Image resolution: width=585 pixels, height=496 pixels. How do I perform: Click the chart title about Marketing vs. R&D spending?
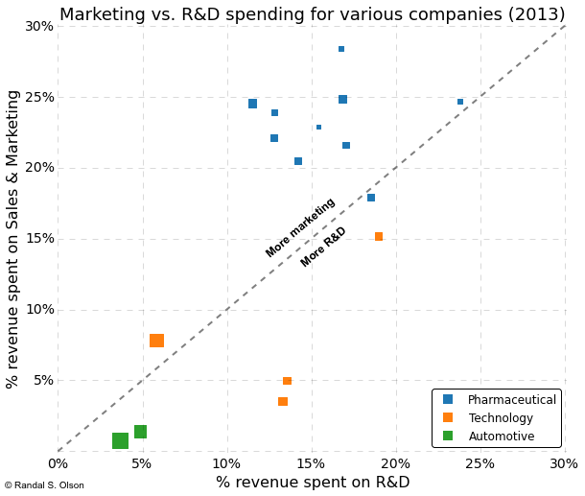(x=311, y=13)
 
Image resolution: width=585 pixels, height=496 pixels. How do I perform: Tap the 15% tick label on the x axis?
(x=312, y=464)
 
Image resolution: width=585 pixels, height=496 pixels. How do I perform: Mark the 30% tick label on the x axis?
(x=564, y=464)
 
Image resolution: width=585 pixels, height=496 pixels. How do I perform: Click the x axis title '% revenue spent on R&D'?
(x=312, y=483)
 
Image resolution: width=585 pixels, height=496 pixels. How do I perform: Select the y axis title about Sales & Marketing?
(x=13, y=239)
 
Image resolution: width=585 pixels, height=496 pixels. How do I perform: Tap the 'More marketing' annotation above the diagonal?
(x=300, y=227)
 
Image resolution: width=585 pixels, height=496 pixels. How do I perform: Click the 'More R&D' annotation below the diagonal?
(x=323, y=248)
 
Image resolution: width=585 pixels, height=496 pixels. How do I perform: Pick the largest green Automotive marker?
(x=120, y=441)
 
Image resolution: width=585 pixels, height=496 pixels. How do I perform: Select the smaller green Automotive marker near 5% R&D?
(x=140, y=432)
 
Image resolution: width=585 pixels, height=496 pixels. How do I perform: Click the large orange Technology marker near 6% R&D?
(x=156, y=341)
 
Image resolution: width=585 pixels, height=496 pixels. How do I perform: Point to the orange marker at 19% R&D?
(x=379, y=237)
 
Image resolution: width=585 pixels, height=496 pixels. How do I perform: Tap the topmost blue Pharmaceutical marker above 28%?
(x=341, y=49)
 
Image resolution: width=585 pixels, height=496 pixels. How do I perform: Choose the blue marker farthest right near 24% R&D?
(x=460, y=102)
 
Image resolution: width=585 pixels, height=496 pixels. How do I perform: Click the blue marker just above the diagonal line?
(x=371, y=198)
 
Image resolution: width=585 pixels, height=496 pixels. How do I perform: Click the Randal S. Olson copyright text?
(x=44, y=485)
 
